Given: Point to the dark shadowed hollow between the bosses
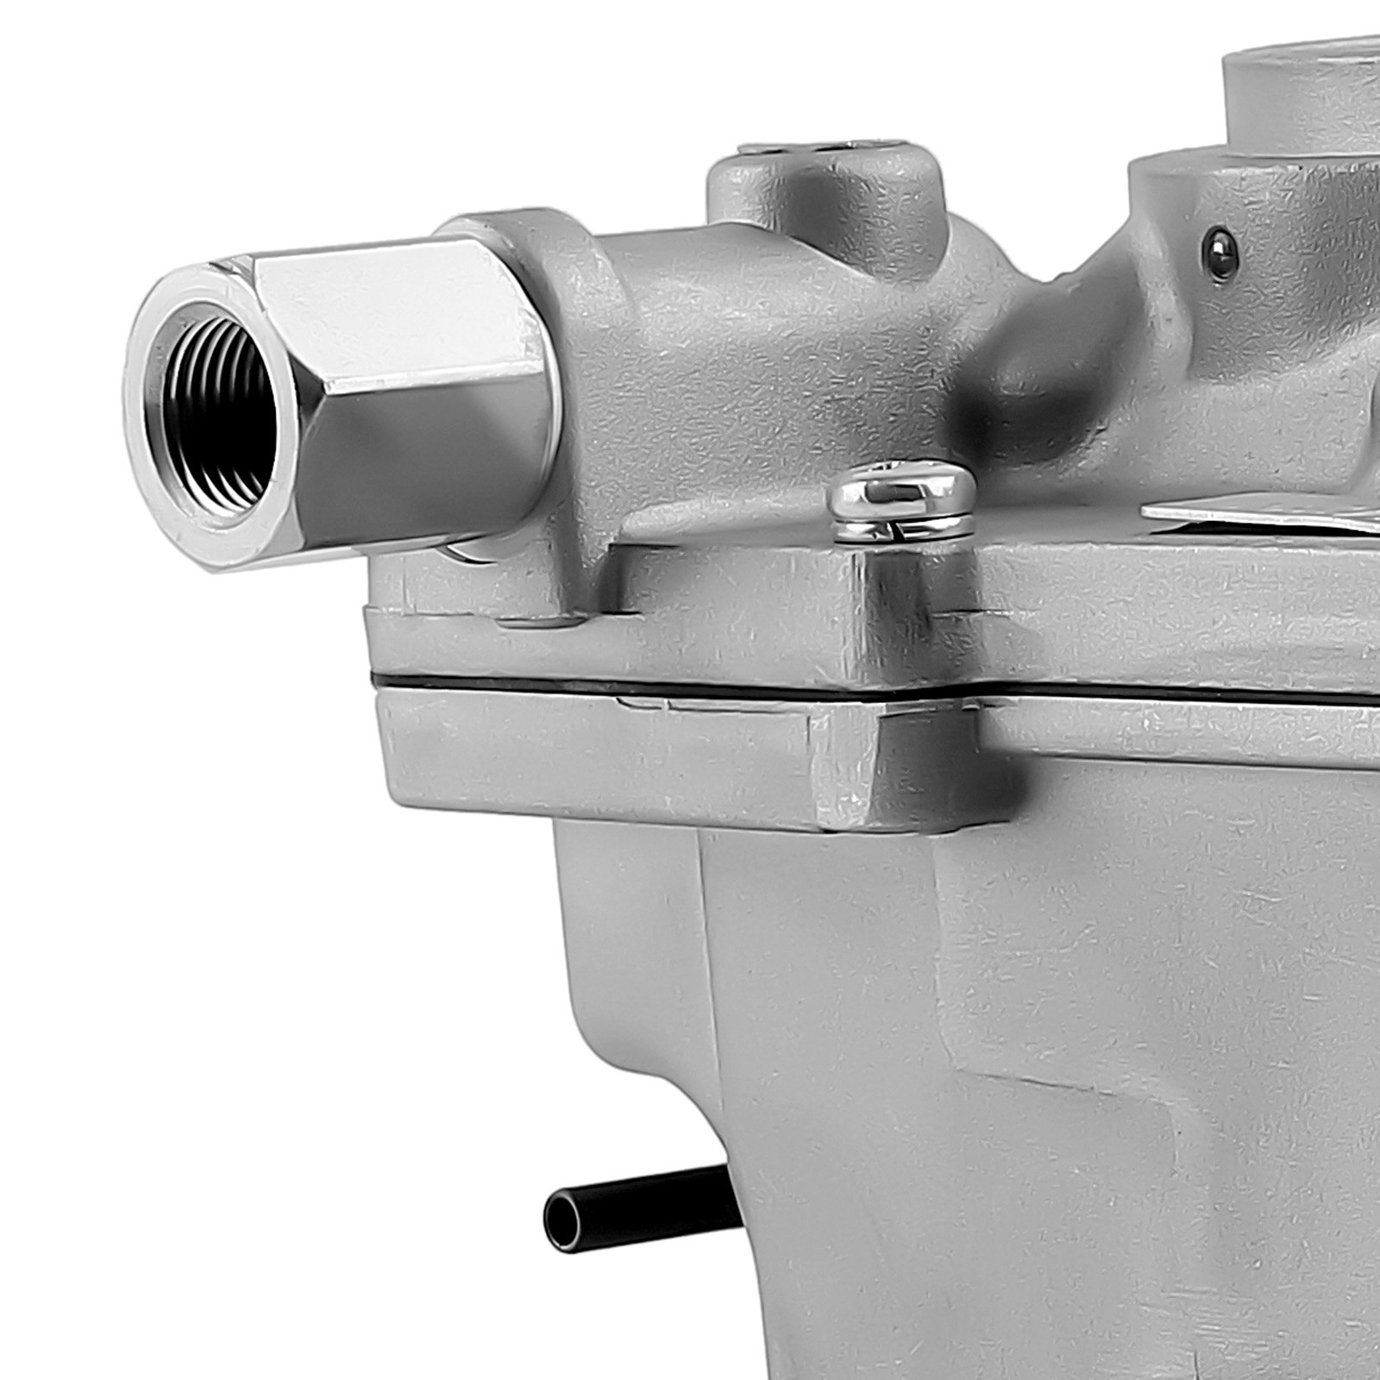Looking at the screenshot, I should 1035,362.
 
